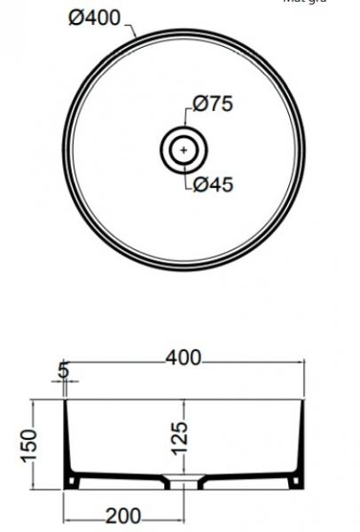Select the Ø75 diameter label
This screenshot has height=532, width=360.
tap(212, 105)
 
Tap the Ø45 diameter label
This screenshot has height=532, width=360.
tap(212, 184)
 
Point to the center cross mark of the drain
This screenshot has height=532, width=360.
tap(184, 150)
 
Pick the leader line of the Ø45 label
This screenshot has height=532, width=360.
tap(188, 177)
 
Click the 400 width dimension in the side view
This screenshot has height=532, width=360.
tap(184, 357)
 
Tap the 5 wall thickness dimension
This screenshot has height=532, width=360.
tap(64, 368)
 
